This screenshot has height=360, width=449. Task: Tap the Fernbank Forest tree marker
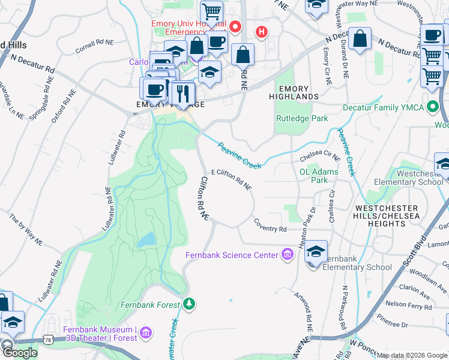[x=190, y=305]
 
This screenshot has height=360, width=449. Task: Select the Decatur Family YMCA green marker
[x=432, y=108]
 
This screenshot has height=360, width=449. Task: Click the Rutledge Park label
[x=301, y=118]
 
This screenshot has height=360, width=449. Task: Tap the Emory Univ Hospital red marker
[x=235, y=27]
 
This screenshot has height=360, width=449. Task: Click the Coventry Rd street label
[x=270, y=229]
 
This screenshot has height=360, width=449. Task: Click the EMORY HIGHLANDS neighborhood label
[x=293, y=92]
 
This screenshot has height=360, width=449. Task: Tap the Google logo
[x=20, y=353]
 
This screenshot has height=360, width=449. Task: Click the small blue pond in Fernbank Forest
[x=146, y=240]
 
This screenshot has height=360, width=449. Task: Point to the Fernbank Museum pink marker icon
[x=149, y=331]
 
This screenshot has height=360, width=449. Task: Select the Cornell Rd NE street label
[x=95, y=43]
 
